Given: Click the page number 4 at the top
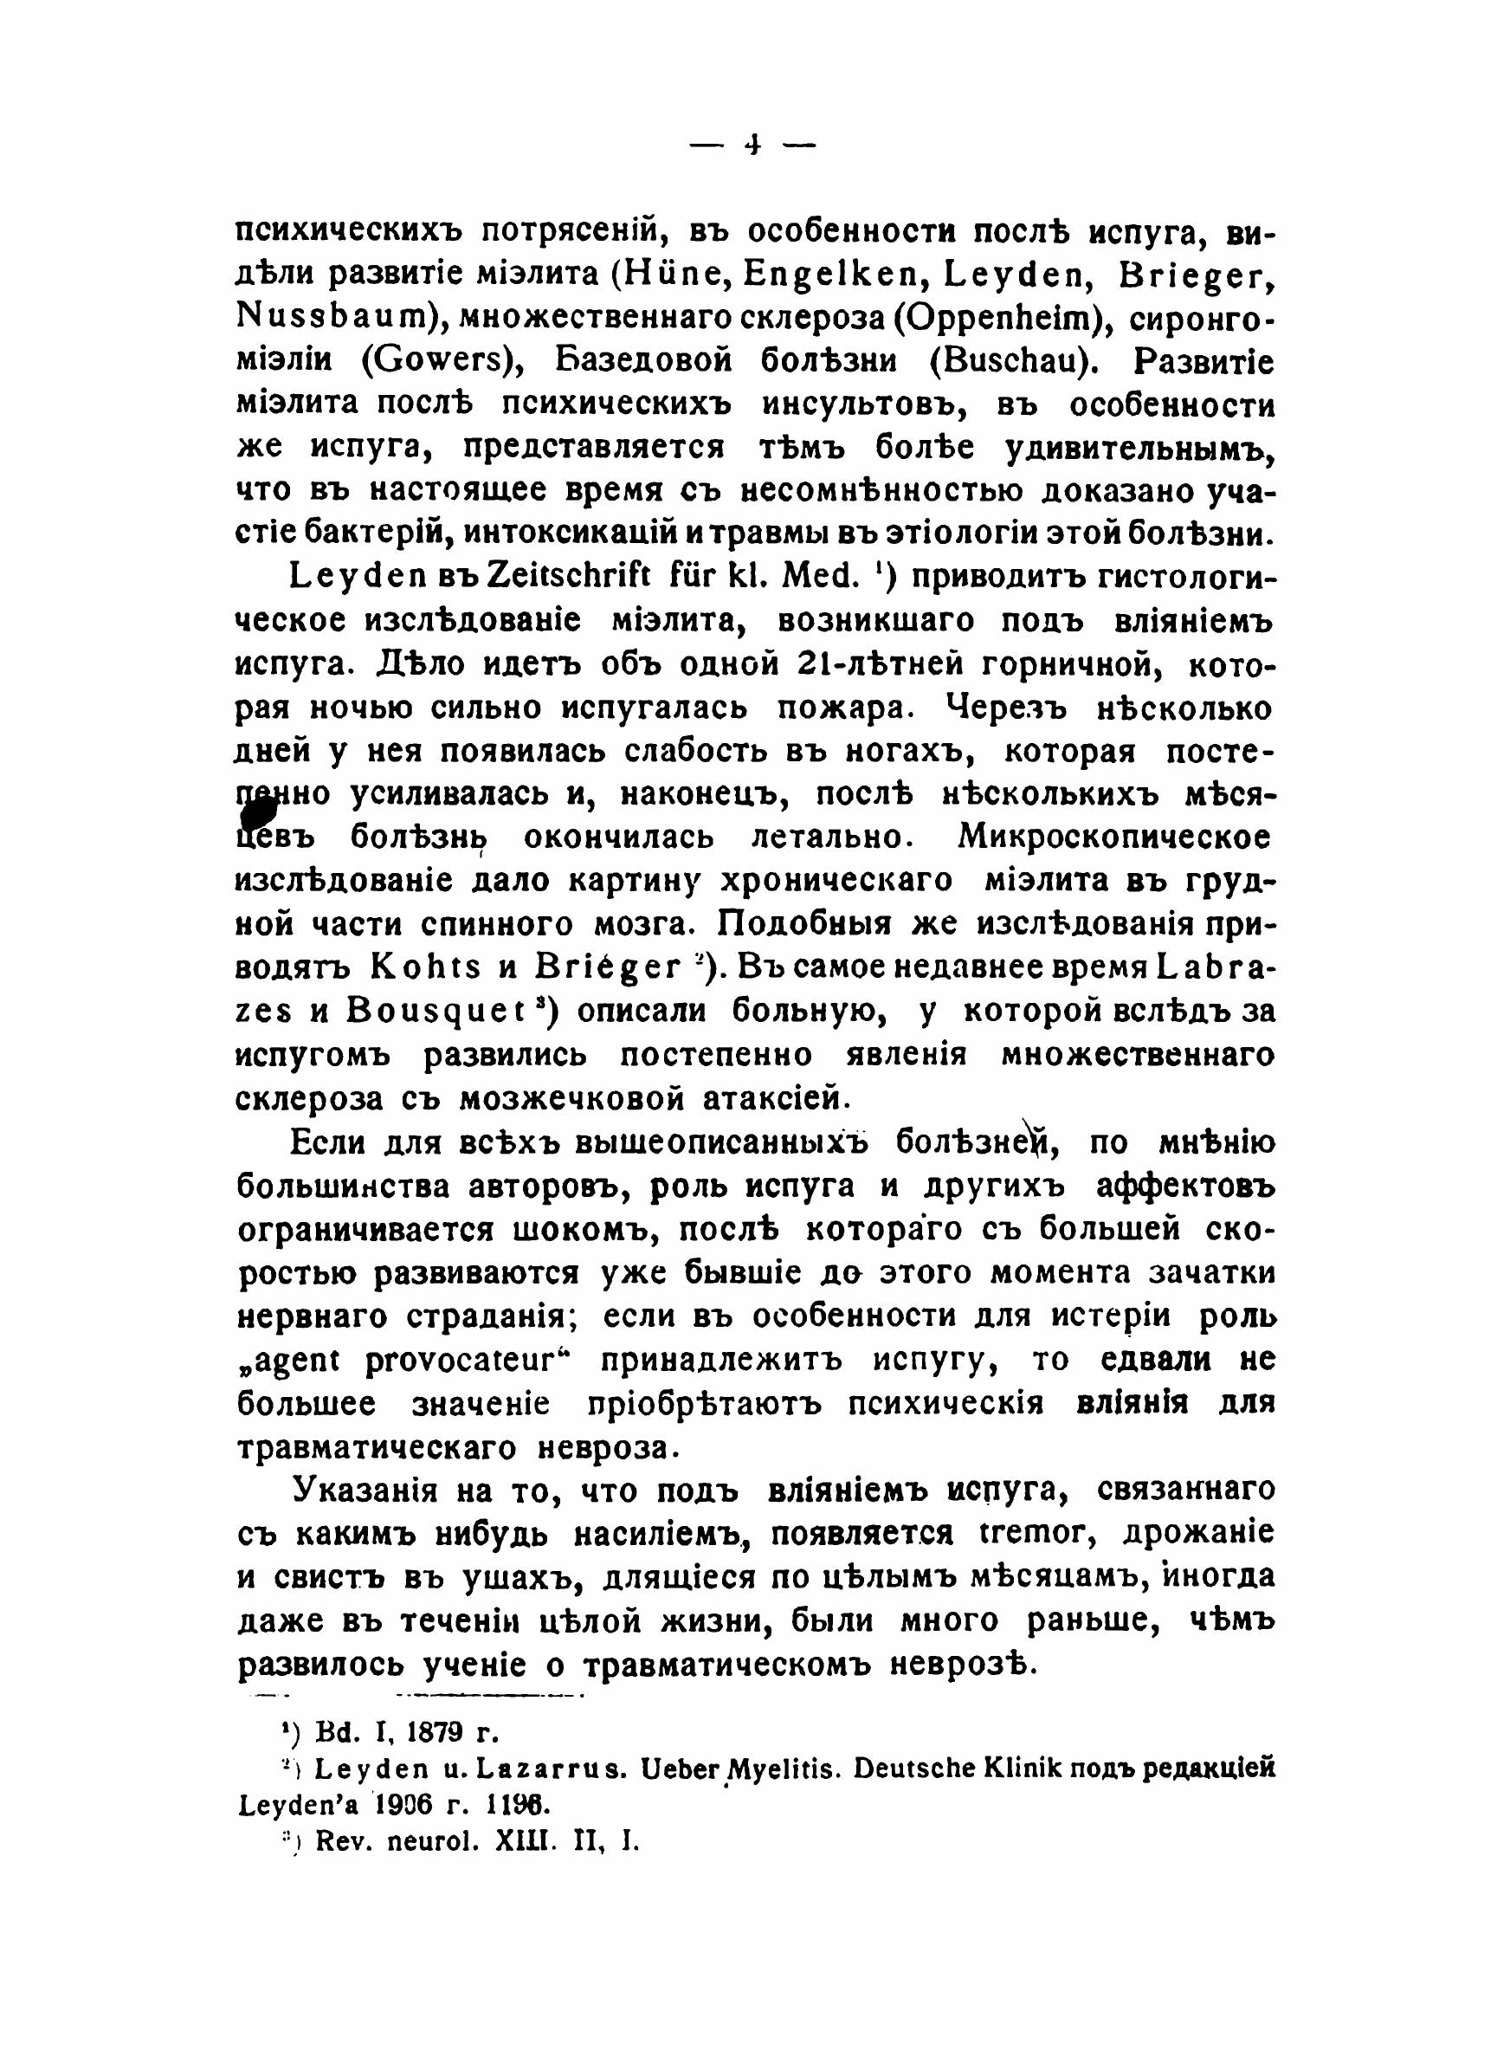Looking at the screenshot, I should tap(754, 144).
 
